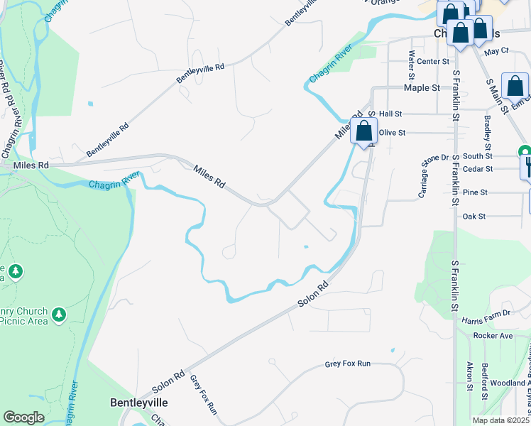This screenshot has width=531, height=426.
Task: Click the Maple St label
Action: point(422,88)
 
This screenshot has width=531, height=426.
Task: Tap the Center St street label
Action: point(434,62)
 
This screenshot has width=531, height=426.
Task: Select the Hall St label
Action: point(390,114)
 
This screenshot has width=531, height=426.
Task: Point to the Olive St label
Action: point(392,133)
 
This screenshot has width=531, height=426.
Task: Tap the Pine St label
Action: point(475,192)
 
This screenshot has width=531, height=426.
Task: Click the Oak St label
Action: point(473,216)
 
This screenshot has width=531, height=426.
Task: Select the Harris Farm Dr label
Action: point(486,313)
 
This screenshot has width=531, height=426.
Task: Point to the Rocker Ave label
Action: point(493,335)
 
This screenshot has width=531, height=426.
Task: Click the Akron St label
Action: point(469,376)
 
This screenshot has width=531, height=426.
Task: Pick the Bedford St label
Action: point(485,376)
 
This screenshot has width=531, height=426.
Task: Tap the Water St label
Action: point(411,64)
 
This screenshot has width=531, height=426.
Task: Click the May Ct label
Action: point(496,51)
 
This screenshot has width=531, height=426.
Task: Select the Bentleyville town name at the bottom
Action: point(139,403)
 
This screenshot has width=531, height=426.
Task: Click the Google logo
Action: point(23,417)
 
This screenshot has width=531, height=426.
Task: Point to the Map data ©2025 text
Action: point(500,420)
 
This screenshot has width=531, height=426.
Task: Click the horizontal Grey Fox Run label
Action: point(348,364)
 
